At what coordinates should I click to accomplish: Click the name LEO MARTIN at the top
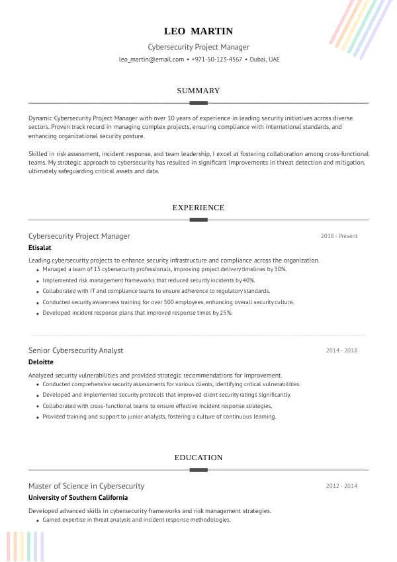[198, 31]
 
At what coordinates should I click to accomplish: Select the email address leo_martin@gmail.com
[151, 60]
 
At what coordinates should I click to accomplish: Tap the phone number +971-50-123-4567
[216, 60]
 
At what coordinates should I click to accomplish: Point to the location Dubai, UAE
[265, 60]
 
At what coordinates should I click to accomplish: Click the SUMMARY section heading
[198, 91]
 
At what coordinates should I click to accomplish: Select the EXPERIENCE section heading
[198, 208]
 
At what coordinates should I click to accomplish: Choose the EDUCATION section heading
[198, 458]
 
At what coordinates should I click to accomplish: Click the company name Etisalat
[40, 248]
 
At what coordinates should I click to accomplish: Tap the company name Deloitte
[41, 362]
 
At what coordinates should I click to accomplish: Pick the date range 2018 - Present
[339, 236]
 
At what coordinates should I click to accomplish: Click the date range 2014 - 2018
[341, 350]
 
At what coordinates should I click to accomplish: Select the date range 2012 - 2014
[341, 486]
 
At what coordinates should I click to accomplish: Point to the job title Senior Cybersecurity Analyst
[76, 350]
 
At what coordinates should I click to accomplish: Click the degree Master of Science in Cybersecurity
[86, 486]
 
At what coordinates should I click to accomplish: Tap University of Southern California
[78, 498]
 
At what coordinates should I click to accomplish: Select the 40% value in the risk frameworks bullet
[248, 280]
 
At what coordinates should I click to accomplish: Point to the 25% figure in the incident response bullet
[226, 313]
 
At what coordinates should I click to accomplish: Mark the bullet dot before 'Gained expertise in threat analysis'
[37, 521]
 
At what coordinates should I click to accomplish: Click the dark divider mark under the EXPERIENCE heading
[198, 220]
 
